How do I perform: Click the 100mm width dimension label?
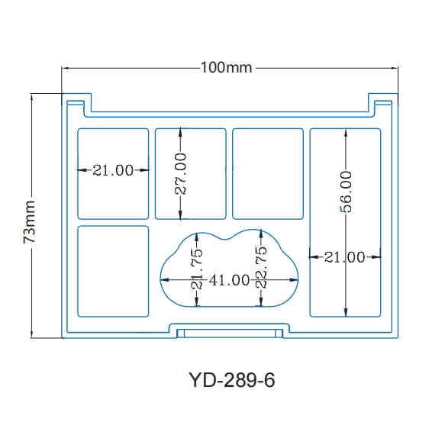pos(226,68)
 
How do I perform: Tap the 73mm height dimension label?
pos(30,222)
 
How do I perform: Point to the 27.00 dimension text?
pos(181,174)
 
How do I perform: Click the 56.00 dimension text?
pos(346,192)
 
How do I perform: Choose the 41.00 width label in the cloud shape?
pos(231,280)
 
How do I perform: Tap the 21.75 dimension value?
pos(197,269)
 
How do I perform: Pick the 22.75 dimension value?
pos(261,267)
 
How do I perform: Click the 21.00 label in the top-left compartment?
pos(113,170)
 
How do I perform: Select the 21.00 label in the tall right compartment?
pos(344,257)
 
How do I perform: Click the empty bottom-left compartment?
pos(113,271)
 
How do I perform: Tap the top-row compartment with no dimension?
pos(267,173)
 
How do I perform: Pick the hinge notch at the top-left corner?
pos(76,100)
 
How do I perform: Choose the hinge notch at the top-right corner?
pos(382,100)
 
